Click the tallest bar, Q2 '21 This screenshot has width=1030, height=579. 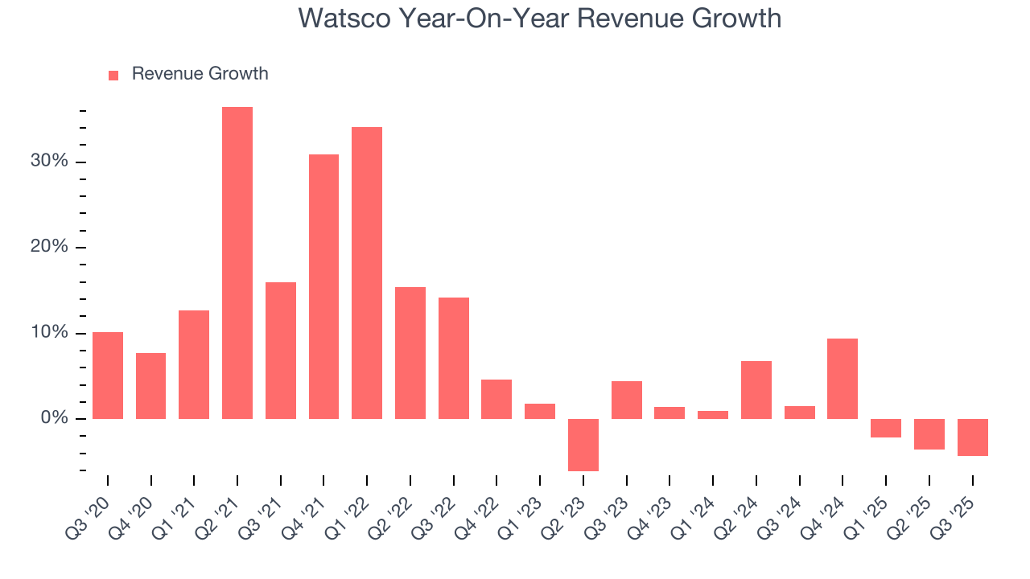click(x=237, y=263)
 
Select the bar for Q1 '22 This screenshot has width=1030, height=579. click(x=367, y=273)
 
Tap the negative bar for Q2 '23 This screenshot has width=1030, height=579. click(x=583, y=445)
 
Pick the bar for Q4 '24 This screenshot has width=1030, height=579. click(x=843, y=379)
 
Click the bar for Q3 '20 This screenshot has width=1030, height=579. click(x=108, y=376)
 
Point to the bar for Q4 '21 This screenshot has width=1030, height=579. click(x=323, y=286)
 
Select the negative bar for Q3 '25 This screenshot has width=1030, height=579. click(x=972, y=437)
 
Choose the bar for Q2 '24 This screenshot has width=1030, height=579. click(x=756, y=390)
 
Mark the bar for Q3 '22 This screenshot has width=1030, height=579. click(x=454, y=358)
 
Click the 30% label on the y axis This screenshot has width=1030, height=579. click(x=49, y=162)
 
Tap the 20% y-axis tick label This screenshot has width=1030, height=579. click(x=49, y=247)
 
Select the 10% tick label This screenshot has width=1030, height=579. click(x=49, y=333)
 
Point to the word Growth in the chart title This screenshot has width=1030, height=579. click(x=737, y=18)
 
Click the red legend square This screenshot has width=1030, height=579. click(x=113, y=75)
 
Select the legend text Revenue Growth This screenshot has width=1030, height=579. click(x=200, y=74)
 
